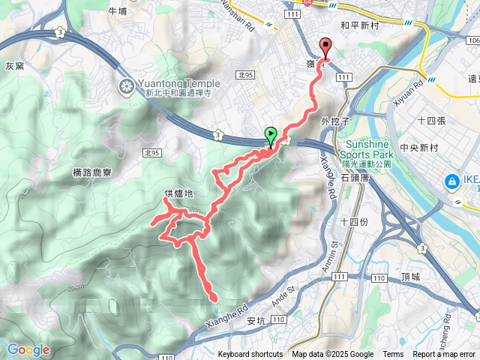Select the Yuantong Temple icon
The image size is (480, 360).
[x=125, y=88]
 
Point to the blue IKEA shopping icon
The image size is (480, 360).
[x=452, y=181]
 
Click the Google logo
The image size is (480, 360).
[x=28, y=349]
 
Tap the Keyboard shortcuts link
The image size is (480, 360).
[x=250, y=355]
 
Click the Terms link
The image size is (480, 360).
[x=392, y=355]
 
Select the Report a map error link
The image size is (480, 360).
[x=443, y=355]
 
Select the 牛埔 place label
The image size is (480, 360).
[x=118, y=11]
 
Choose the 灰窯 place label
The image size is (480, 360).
[x=15, y=66]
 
